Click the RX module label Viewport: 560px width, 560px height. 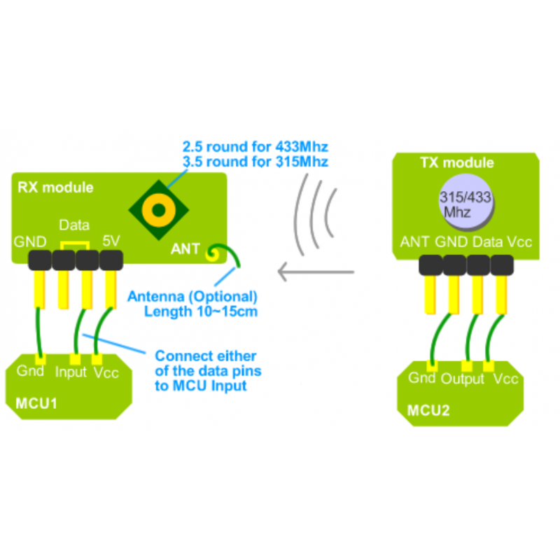pyautogui.click(x=55, y=188)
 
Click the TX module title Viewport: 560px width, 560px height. pyautogui.click(x=457, y=163)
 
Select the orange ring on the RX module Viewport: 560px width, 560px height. pyautogui.click(x=159, y=210)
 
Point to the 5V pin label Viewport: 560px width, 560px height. pyautogui.click(x=111, y=241)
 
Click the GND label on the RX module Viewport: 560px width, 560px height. pyautogui.click(x=30, y=241)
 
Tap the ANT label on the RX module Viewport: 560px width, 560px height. pyautogui.click(x=185, y=249)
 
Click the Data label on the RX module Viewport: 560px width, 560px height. pyautogui.click(x=74, y=225)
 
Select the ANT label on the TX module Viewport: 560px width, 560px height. pyautogui.click(x=414, y=241)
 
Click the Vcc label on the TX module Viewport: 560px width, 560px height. pyautogui.click(x=519, y=241)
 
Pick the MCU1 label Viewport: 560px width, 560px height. pyautogui.click(x=36, y=404)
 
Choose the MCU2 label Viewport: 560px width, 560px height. pyautogui.click(x=428, y=411)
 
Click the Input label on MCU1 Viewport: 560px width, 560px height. pyautogui.click(x=71, y=372)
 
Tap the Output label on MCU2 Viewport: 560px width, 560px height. pyautogui.click(x=463, y=379)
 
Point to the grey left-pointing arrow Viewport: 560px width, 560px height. pyautogui.click(x=316, y=272)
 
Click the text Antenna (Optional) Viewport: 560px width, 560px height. pyautogui.click(x=192, y=297)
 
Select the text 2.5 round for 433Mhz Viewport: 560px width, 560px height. pyautogui.click(x=255, y=146)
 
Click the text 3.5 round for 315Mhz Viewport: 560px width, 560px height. pyautogui.click(x=255, y=162)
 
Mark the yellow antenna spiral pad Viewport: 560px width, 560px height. pyautogui.click(x=213, y=254)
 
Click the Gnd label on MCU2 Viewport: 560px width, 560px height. pyautogui.click(x=421, y=377)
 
